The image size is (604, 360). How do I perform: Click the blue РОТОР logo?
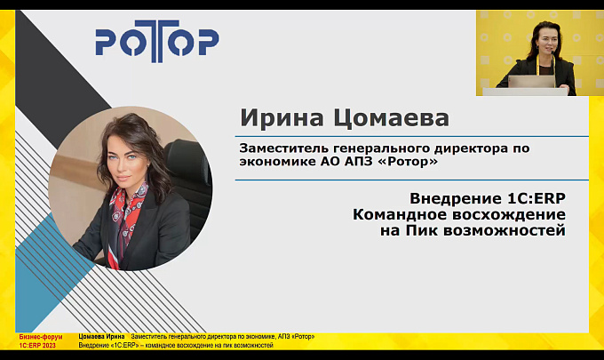point(157,41)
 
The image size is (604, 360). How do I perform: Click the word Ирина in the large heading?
point(282,117)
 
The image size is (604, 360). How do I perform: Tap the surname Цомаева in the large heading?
point(391,118)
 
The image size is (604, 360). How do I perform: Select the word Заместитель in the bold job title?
point(283,148)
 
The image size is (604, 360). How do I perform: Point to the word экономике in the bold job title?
point(278,162)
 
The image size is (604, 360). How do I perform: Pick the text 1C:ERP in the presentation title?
point(535,198)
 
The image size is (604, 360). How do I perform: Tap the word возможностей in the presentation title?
point(505,230)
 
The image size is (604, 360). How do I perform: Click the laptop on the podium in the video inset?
point(531,82)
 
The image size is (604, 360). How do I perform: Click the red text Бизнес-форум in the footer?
point(41,337)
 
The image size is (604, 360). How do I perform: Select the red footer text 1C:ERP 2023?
point(37,346)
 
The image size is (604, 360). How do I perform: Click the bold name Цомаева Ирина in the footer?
point(101,337)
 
